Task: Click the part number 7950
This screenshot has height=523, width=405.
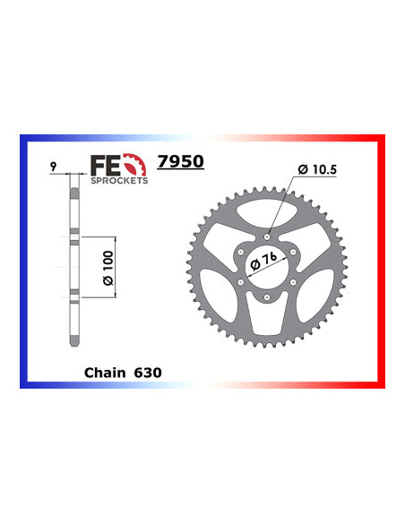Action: click(180, 162)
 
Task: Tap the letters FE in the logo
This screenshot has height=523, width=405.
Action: click(103, 165)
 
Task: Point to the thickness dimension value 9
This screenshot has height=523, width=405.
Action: click(56, 167)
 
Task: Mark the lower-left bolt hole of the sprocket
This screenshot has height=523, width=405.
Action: click(242, 284)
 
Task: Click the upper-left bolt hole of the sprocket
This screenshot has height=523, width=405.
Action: click(242, 253)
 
